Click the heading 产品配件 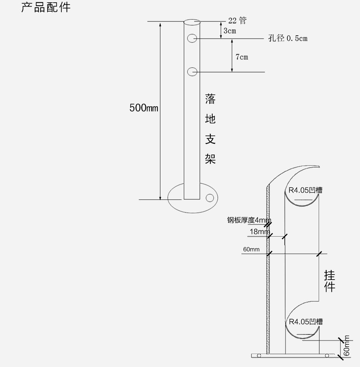coord(46,7)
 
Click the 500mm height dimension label coord(144,108)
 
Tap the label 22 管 coord(237,21)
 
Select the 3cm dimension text coord(230,31)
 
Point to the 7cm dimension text coord(241,57)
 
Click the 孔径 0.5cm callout coord(287,38)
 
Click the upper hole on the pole coord(192,38)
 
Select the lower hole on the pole coord(192,71)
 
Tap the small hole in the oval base coord(210,197)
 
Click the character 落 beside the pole coord(210,99)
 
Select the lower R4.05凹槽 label coord(306,321)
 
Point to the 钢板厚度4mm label coord(249,220)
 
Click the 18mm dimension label coord(259,232)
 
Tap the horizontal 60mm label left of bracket coord(251,249)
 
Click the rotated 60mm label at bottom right coord(347,346)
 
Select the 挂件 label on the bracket coord(330,281)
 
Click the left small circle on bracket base coord(259,355)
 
